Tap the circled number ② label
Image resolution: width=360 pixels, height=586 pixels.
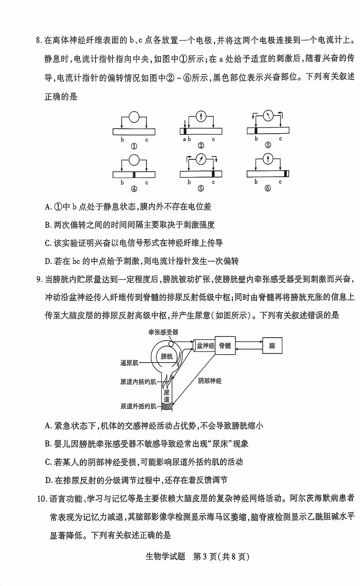pyautogui.click(x=201, y=145)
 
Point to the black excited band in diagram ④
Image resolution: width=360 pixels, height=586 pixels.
pyautogui.click(x=134, y=174)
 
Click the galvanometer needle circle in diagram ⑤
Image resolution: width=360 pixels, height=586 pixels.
pyautogui.click(x=201, y=159)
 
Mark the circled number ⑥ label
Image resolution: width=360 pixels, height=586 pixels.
pyautogui.click(x=268, y=188)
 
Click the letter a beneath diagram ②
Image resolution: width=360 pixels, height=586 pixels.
pyautogui.click(x=185, y=139)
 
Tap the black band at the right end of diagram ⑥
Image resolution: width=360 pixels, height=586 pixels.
pyautogui.click(x=286, y=174)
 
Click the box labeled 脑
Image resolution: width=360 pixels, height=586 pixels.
pyautogui.click(x=272, y=346)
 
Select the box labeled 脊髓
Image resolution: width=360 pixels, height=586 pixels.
pyautogui.click(x=225, y=346)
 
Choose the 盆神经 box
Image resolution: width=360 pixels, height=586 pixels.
pyautogui.click(x=205, y=346)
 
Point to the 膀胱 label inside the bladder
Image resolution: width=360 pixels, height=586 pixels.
pyautogui.click(x=167, y=356)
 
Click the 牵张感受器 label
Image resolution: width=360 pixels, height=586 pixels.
pyautogui.click(x=163, y=332)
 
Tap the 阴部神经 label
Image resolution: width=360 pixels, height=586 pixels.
pyautogui.click(x=210, y=381)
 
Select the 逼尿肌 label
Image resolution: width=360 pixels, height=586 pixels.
pyautogui.click(x=130, y=363)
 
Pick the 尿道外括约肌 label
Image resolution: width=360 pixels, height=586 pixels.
pyautogui.click(x=138, y=406)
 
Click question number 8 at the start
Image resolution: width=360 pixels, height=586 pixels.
pyautogui.click(x=39, y=40)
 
